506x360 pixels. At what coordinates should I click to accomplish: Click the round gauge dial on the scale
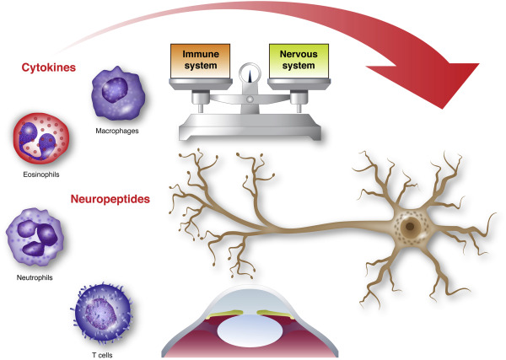250,75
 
